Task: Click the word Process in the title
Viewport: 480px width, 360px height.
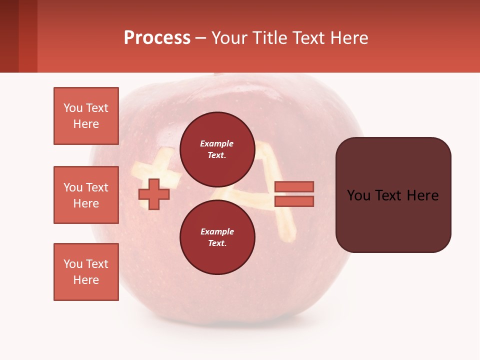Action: (x=157, y=38)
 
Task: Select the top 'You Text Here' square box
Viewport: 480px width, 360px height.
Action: (x=86, y=116)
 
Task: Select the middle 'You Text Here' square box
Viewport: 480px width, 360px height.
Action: (x=86, y=195)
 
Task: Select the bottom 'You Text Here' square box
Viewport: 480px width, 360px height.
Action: (x=86, y=272)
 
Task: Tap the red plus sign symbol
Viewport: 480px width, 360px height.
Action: (x=153, y=194)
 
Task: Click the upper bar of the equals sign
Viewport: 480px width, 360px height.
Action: (x=294, y=186)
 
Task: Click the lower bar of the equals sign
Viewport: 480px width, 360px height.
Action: (x=294, y=201)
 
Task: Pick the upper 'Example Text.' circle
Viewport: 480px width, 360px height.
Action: (x=217, y=149)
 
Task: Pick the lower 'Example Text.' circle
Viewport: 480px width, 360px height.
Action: (x=217, y=237)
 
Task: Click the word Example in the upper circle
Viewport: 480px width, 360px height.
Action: (x=216, y=143)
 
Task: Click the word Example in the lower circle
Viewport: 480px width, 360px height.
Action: (x=216, y=231)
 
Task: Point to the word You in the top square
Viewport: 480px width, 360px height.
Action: (x=73, y=108)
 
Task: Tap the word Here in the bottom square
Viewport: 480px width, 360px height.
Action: (x=86, y=280)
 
